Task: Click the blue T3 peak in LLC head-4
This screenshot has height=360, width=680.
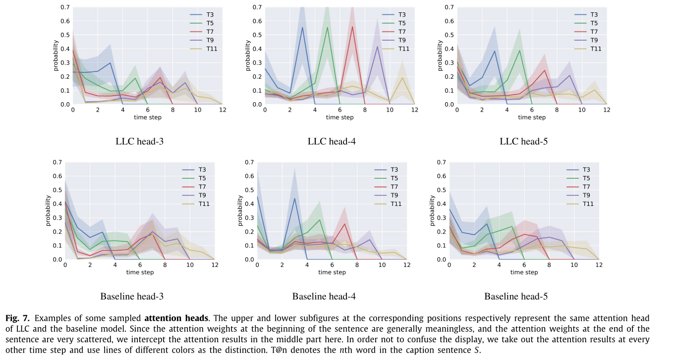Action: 302,27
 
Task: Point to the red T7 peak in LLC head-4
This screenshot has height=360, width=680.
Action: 352,27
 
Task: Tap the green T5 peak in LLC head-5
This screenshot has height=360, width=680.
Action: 519,51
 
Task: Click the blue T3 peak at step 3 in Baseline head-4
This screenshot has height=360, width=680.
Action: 294,198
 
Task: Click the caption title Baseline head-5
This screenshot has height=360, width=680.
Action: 515,297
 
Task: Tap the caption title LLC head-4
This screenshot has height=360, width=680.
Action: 331,141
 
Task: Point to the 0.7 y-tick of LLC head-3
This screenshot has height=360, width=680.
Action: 65,7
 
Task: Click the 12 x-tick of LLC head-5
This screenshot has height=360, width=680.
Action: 606,110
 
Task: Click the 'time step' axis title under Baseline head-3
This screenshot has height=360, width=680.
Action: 140,272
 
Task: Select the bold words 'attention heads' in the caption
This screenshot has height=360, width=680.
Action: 176,318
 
